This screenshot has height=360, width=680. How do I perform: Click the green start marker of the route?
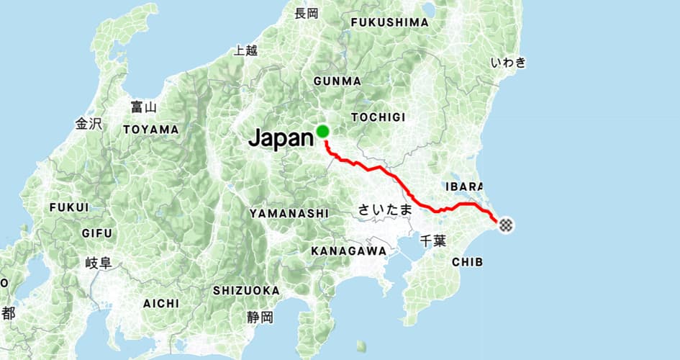(322, 131)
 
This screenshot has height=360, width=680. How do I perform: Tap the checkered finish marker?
(506, 225)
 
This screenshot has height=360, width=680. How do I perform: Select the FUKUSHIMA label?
(389, 22)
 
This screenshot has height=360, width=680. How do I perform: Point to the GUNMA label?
(337, 81)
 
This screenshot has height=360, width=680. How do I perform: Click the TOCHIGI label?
(378, 117)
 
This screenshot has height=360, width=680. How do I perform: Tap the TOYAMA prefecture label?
(150, 130)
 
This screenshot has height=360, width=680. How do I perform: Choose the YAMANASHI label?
(289, 213)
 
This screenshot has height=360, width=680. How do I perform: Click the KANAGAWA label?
(348, 251)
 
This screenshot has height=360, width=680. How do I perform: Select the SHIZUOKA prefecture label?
(246, 290)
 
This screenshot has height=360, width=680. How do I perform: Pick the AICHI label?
(161, 304)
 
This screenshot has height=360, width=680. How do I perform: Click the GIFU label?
(97, 233)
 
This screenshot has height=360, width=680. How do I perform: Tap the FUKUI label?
(69, 207)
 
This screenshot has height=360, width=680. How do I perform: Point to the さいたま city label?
(386, 210)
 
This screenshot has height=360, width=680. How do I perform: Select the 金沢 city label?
(89, 124)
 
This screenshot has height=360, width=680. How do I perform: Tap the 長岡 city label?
(306, 13)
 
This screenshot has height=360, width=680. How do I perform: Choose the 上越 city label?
(245, 50)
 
